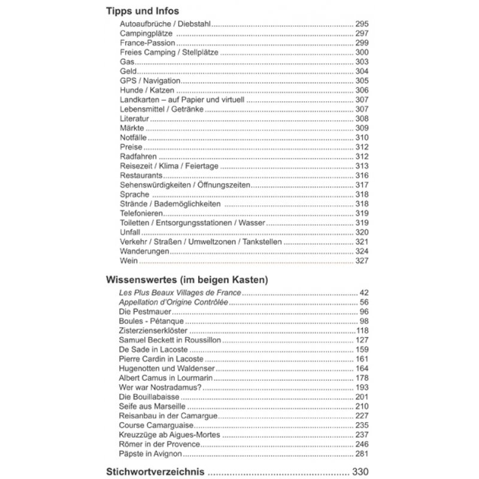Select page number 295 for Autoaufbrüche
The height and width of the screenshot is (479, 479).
(363, 23)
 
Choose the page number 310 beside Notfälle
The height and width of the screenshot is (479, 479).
(363, 137)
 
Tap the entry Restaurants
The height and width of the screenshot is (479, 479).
(141, 175)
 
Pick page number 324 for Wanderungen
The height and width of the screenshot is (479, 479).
(363, 251)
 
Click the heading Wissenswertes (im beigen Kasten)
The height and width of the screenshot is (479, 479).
(186, 280)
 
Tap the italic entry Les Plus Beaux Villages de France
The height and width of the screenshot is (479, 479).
(180, 293)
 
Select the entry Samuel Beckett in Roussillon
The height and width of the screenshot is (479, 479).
(169, 340)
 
